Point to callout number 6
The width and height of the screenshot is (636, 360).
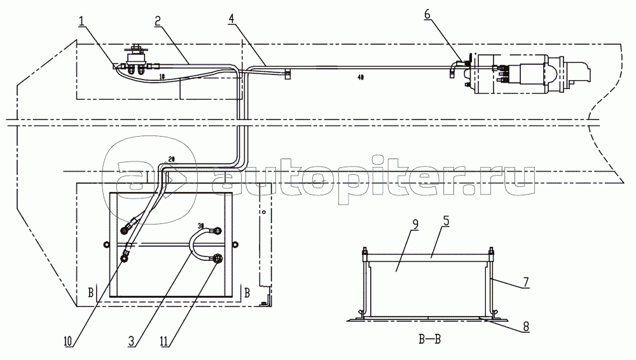(x=427, y=14)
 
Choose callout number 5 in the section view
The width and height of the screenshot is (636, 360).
(x=446, y=221)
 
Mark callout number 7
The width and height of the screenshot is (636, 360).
(x=526, y=282)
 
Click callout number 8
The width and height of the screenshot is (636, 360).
(x=526, y=326)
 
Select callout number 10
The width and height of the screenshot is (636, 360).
(x=67, y=342)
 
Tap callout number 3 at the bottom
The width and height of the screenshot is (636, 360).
(x=132, y=342)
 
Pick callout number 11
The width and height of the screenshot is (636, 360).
(x=164, y=342)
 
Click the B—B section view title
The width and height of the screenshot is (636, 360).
(x=429, y=339)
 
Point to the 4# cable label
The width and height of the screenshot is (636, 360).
(x=361, y=77)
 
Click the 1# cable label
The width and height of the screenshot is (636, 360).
(x=162, y=76)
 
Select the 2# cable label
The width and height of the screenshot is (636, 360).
(x=170, y=159)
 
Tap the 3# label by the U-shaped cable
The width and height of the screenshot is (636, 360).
(x=201, y=225)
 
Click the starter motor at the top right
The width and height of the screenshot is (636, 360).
(x=527, y=73)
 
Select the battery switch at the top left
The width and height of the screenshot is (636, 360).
(x=136, y=60)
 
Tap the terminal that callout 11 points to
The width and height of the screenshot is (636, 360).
(x=218, y=258)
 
